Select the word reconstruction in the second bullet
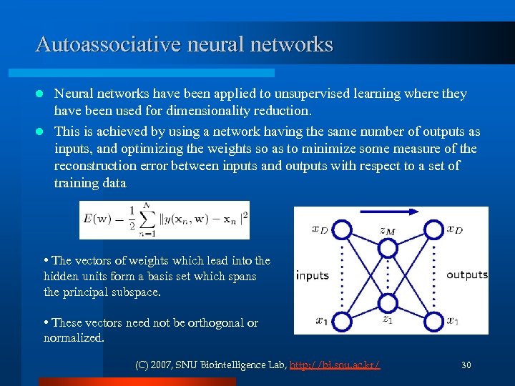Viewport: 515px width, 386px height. [x=96, y=166]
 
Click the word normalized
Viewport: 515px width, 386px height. [x=73, y=338]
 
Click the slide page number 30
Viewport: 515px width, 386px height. [x=466, y=365]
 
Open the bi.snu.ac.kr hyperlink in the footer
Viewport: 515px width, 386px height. [x=335, y=365]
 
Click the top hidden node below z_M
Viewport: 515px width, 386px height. [x=387, y=247]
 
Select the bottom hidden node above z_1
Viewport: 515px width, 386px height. [x=387, y=303]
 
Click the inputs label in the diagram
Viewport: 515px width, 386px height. [x=312, y=276]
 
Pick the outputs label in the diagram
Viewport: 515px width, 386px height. [x=466, y=275]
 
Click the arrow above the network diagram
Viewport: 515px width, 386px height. [x=390, y=212]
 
